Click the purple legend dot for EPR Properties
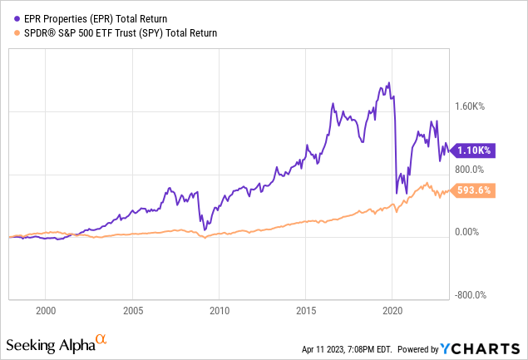[11, 17]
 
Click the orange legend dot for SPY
[11, 32]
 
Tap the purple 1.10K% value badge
[473, 150]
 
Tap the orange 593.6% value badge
[473, 190]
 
